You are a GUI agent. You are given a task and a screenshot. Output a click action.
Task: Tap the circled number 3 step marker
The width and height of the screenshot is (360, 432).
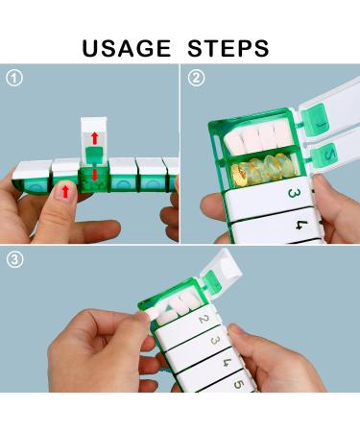click(x=13, y=260)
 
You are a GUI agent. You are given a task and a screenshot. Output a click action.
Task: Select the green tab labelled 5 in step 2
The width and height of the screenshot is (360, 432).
click(x=328, y=152)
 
